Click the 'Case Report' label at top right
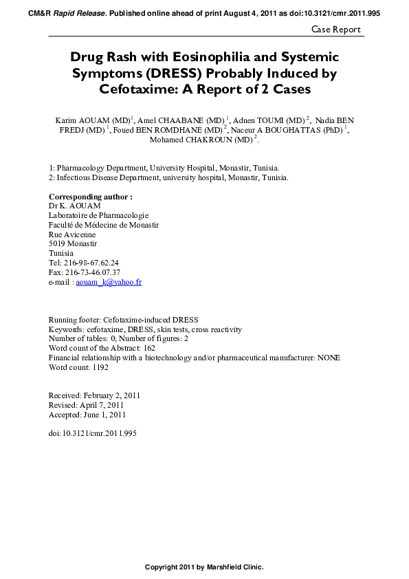coord(335,29)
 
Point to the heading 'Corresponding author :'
coord(90,196)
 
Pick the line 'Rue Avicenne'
coord(72,234)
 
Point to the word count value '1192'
coord(98,367)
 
